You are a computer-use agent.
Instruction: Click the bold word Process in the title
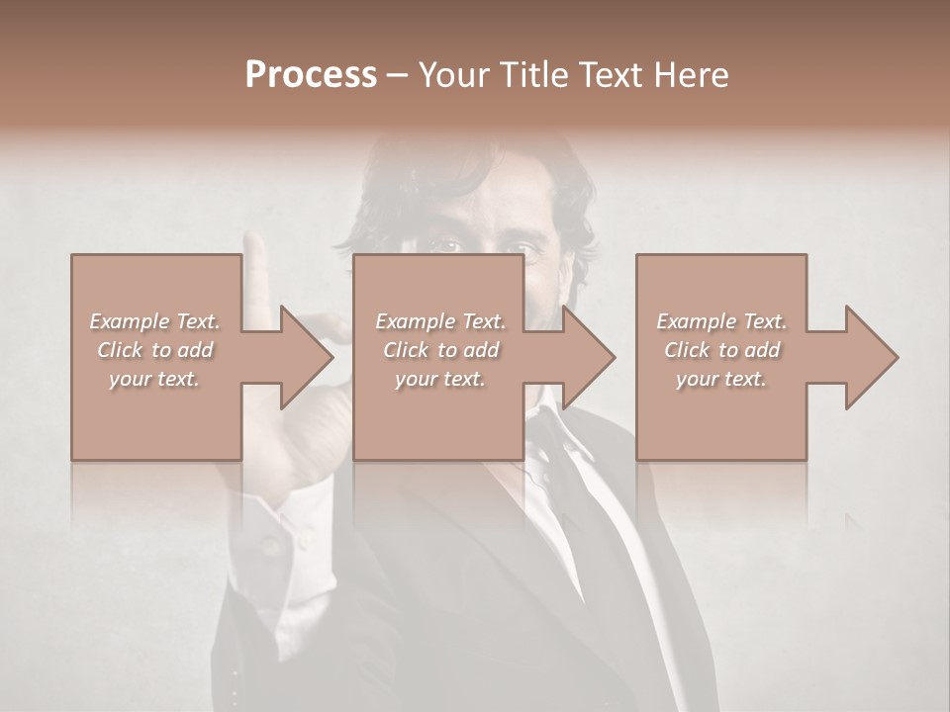tap(311, 75)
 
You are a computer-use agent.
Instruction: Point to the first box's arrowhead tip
tap(332, 357)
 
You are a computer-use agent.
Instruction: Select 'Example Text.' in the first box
tap(154, 321)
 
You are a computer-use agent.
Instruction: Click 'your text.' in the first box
tap(154, 379)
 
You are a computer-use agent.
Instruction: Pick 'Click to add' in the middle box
tap(440, 350)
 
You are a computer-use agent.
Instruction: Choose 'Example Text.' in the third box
tap(721, 321)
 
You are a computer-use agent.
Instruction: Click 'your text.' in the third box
tap(721, 379)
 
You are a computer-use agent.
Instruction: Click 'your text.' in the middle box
tap(440, 379)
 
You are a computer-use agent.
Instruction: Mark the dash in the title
tap(397, 76)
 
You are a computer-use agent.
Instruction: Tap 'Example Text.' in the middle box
tap(440, 321)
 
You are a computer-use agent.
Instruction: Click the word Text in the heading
tap(612, 75)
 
